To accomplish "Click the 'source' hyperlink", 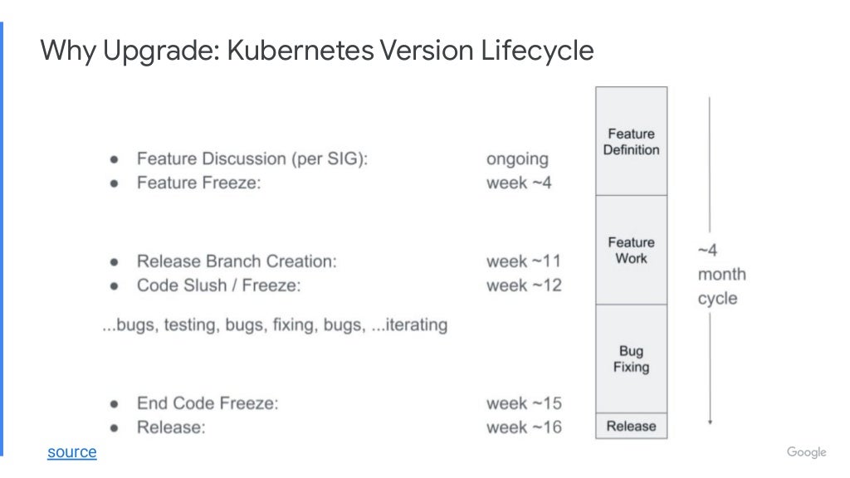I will click(71, 452).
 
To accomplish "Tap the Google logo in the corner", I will click(806, 452).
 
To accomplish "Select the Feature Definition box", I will click(631, 142).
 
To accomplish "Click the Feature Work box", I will click(631, 250).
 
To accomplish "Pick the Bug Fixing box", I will click(631, 358).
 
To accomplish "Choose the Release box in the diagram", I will click(631, 427).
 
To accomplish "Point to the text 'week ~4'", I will click(518, 183).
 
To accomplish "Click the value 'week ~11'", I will click(523, 261).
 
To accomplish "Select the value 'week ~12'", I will click(523, 285).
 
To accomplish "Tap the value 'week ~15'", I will click(523, 403).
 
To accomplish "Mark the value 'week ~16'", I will click(523, 427).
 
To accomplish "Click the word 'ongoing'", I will click(517, 159).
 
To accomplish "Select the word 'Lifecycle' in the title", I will click(537, 51).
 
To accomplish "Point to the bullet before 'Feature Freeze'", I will click(114, 183).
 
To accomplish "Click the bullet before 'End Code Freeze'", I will click(114, 404).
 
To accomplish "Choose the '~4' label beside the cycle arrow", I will click(707, 251).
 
